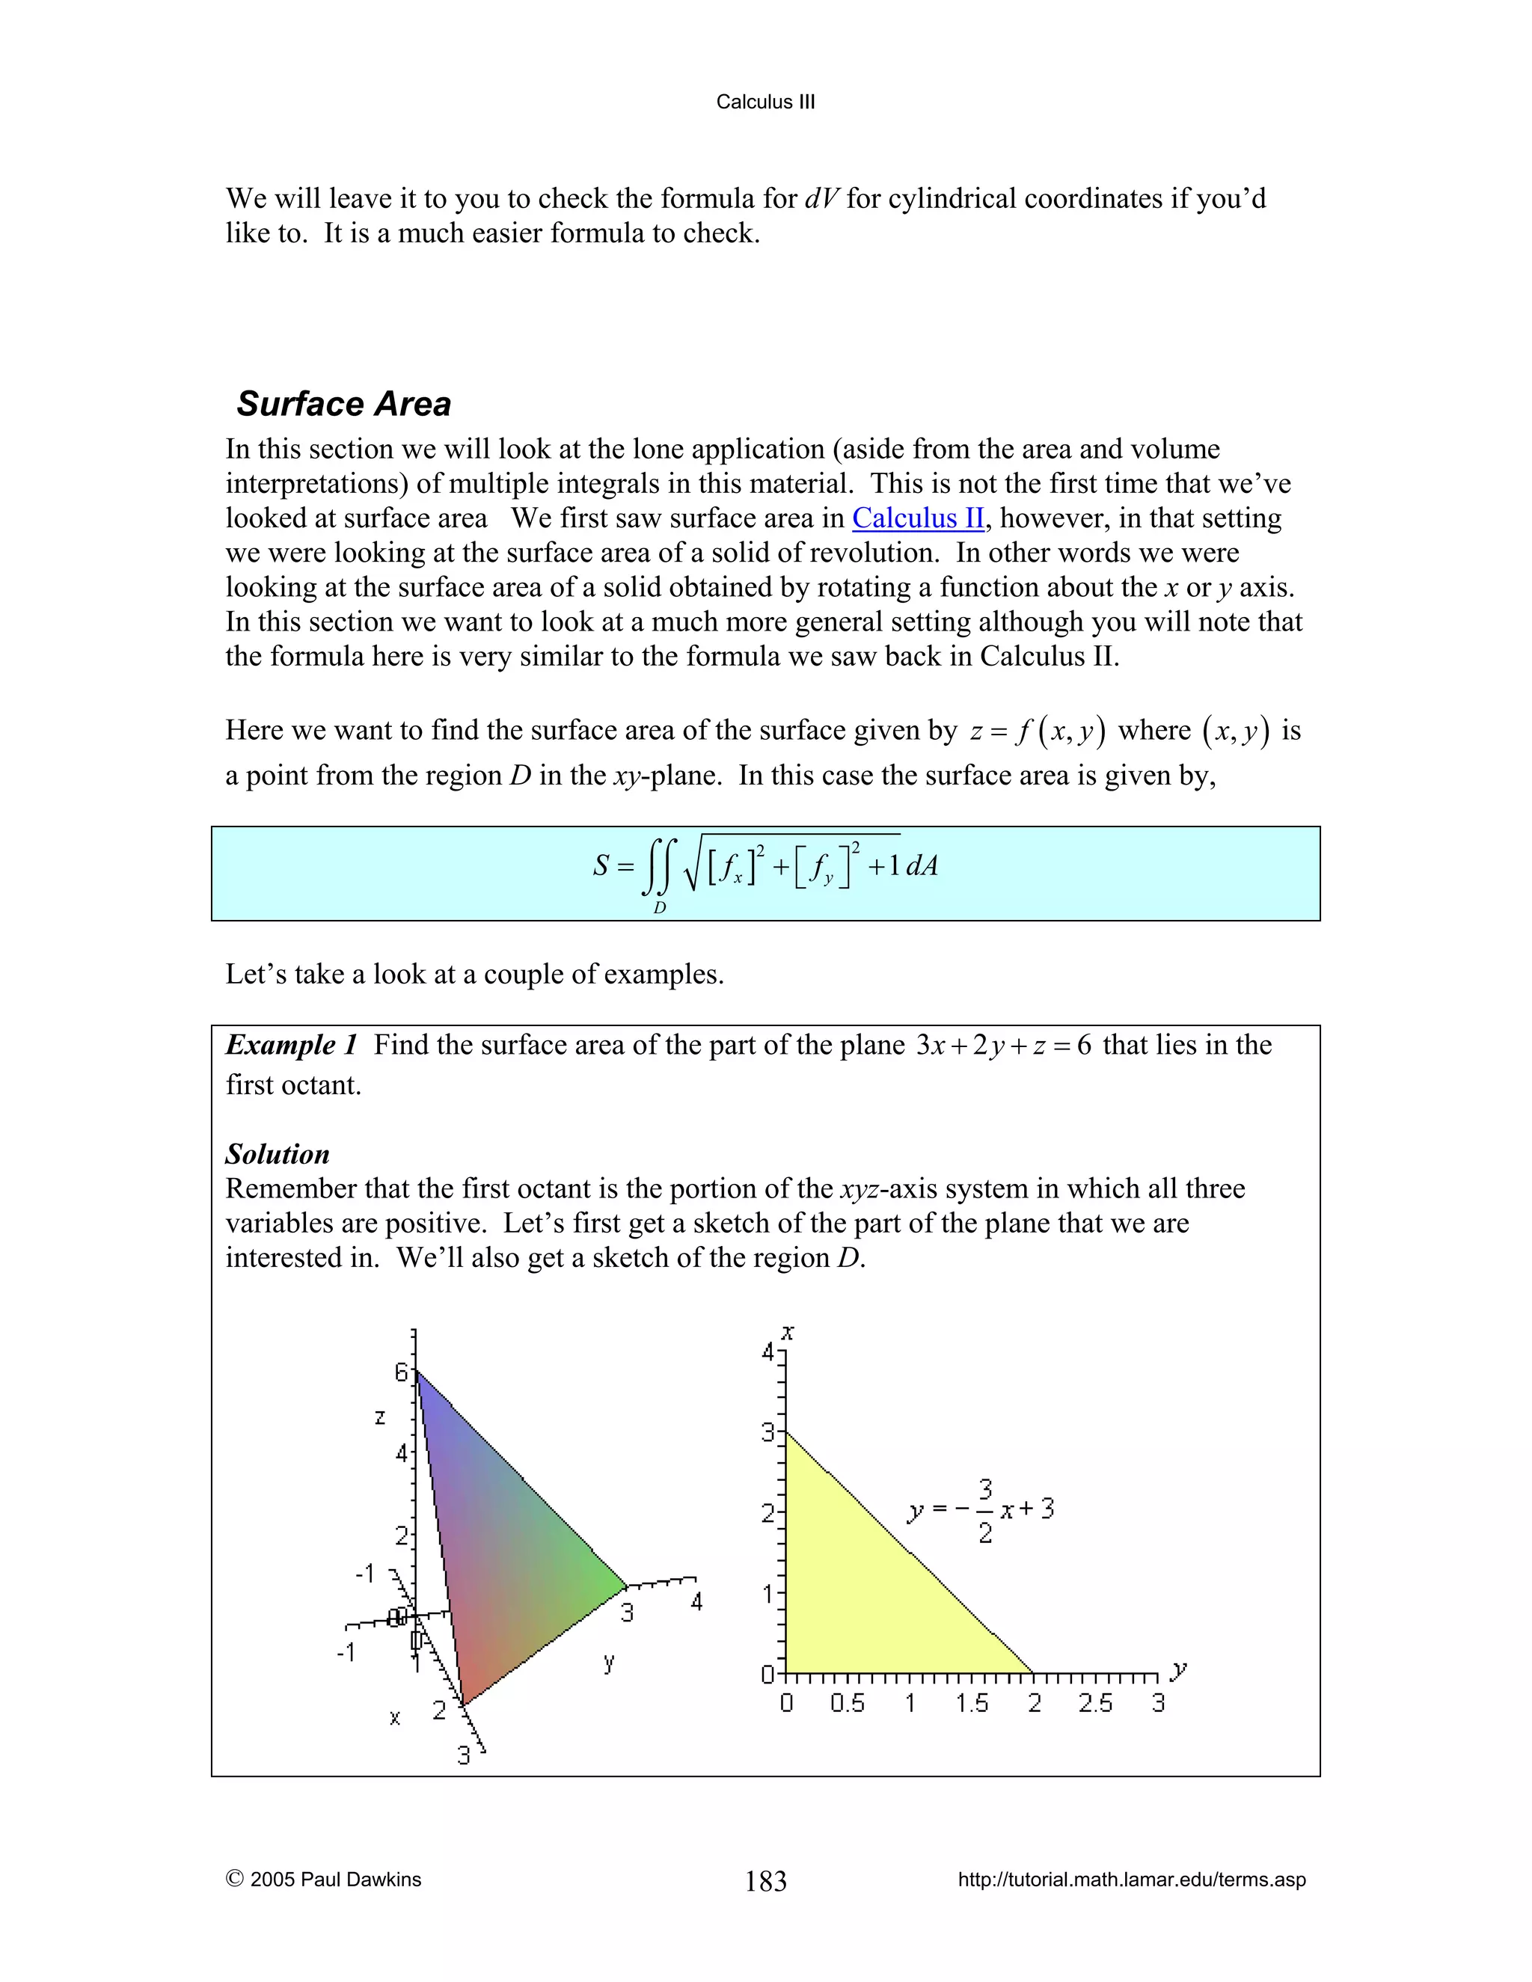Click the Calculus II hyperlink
tap(918, 518)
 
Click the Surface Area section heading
tap(343, 404)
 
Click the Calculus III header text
tap(765, 102)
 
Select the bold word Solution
tap(277, 1154)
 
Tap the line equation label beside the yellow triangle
tap(982, 1511)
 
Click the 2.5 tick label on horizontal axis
tap(1094, 1703)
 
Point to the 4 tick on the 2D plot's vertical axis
tap(767, 1353)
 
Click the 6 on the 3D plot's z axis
tap(401, 1373)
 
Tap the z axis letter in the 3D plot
tap(380, 1417)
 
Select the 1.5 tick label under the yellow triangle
tap(971, 1703)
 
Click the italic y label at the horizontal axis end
tap(1179, 1668)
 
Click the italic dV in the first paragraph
tap(822, 199)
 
